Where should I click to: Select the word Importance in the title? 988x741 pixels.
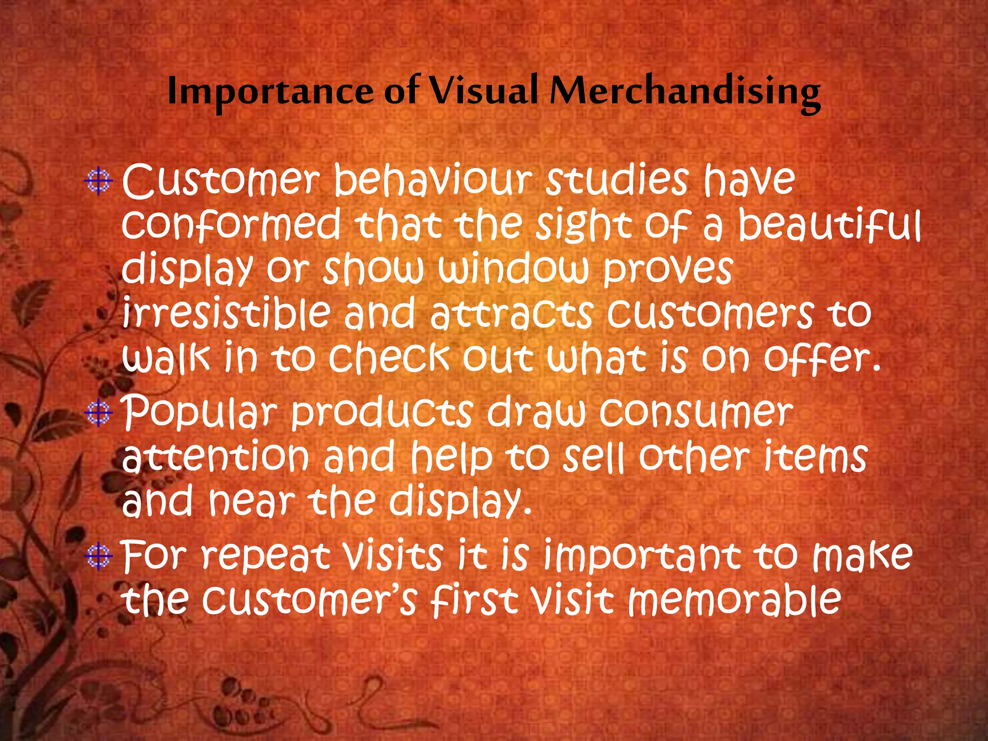tap(270, 92)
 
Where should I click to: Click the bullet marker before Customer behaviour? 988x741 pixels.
tap(99, 181)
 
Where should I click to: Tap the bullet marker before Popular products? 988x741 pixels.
tap(99, 413)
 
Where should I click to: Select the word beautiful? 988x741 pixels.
tap(830, 225)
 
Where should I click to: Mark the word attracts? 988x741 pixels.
tap(511, 314)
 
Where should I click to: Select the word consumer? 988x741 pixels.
tap(696, 413)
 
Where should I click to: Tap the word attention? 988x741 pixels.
tap(215, 456)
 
